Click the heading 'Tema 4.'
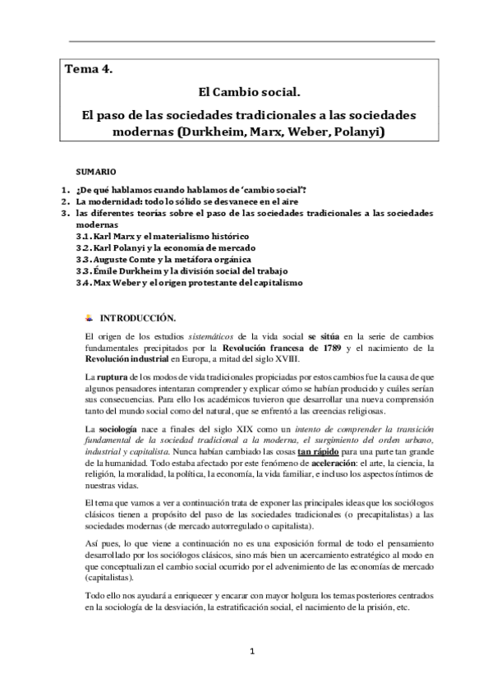(89, 70)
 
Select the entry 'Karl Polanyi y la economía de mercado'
(170, 247)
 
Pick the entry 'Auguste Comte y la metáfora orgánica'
(168, 259)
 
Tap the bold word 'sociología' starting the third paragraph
(117, 430)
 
